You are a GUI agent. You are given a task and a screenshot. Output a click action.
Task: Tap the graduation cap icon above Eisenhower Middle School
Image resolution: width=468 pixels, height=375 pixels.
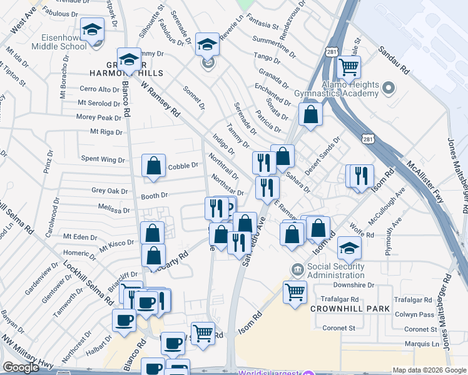click(x=93, y=30)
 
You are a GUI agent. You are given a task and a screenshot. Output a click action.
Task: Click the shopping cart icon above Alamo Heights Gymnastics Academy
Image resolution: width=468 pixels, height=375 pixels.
click(x=348, y=67)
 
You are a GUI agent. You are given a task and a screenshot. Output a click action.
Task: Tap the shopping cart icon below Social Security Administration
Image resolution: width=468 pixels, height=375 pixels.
click(x=295, y=291)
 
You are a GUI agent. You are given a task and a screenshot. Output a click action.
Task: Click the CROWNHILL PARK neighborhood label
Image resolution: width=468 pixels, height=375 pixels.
click(x=350, y=309)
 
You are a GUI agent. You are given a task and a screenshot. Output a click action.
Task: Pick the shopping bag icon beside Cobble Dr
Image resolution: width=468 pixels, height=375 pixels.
click(x=153, y=167)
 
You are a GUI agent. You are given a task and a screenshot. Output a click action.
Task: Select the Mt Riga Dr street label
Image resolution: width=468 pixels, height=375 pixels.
click(x=106, y=132)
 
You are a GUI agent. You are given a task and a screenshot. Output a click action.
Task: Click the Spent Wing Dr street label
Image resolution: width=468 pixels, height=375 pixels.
click(x=103, y=159)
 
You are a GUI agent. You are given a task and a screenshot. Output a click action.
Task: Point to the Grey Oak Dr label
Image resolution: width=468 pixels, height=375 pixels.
click(x=109, y=191)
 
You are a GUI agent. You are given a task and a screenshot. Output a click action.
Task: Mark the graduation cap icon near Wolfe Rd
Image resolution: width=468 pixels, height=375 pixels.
click(x=349, y=248)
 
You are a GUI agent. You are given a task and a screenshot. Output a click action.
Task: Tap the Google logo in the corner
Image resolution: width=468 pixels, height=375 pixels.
click(x=21, y=367)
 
